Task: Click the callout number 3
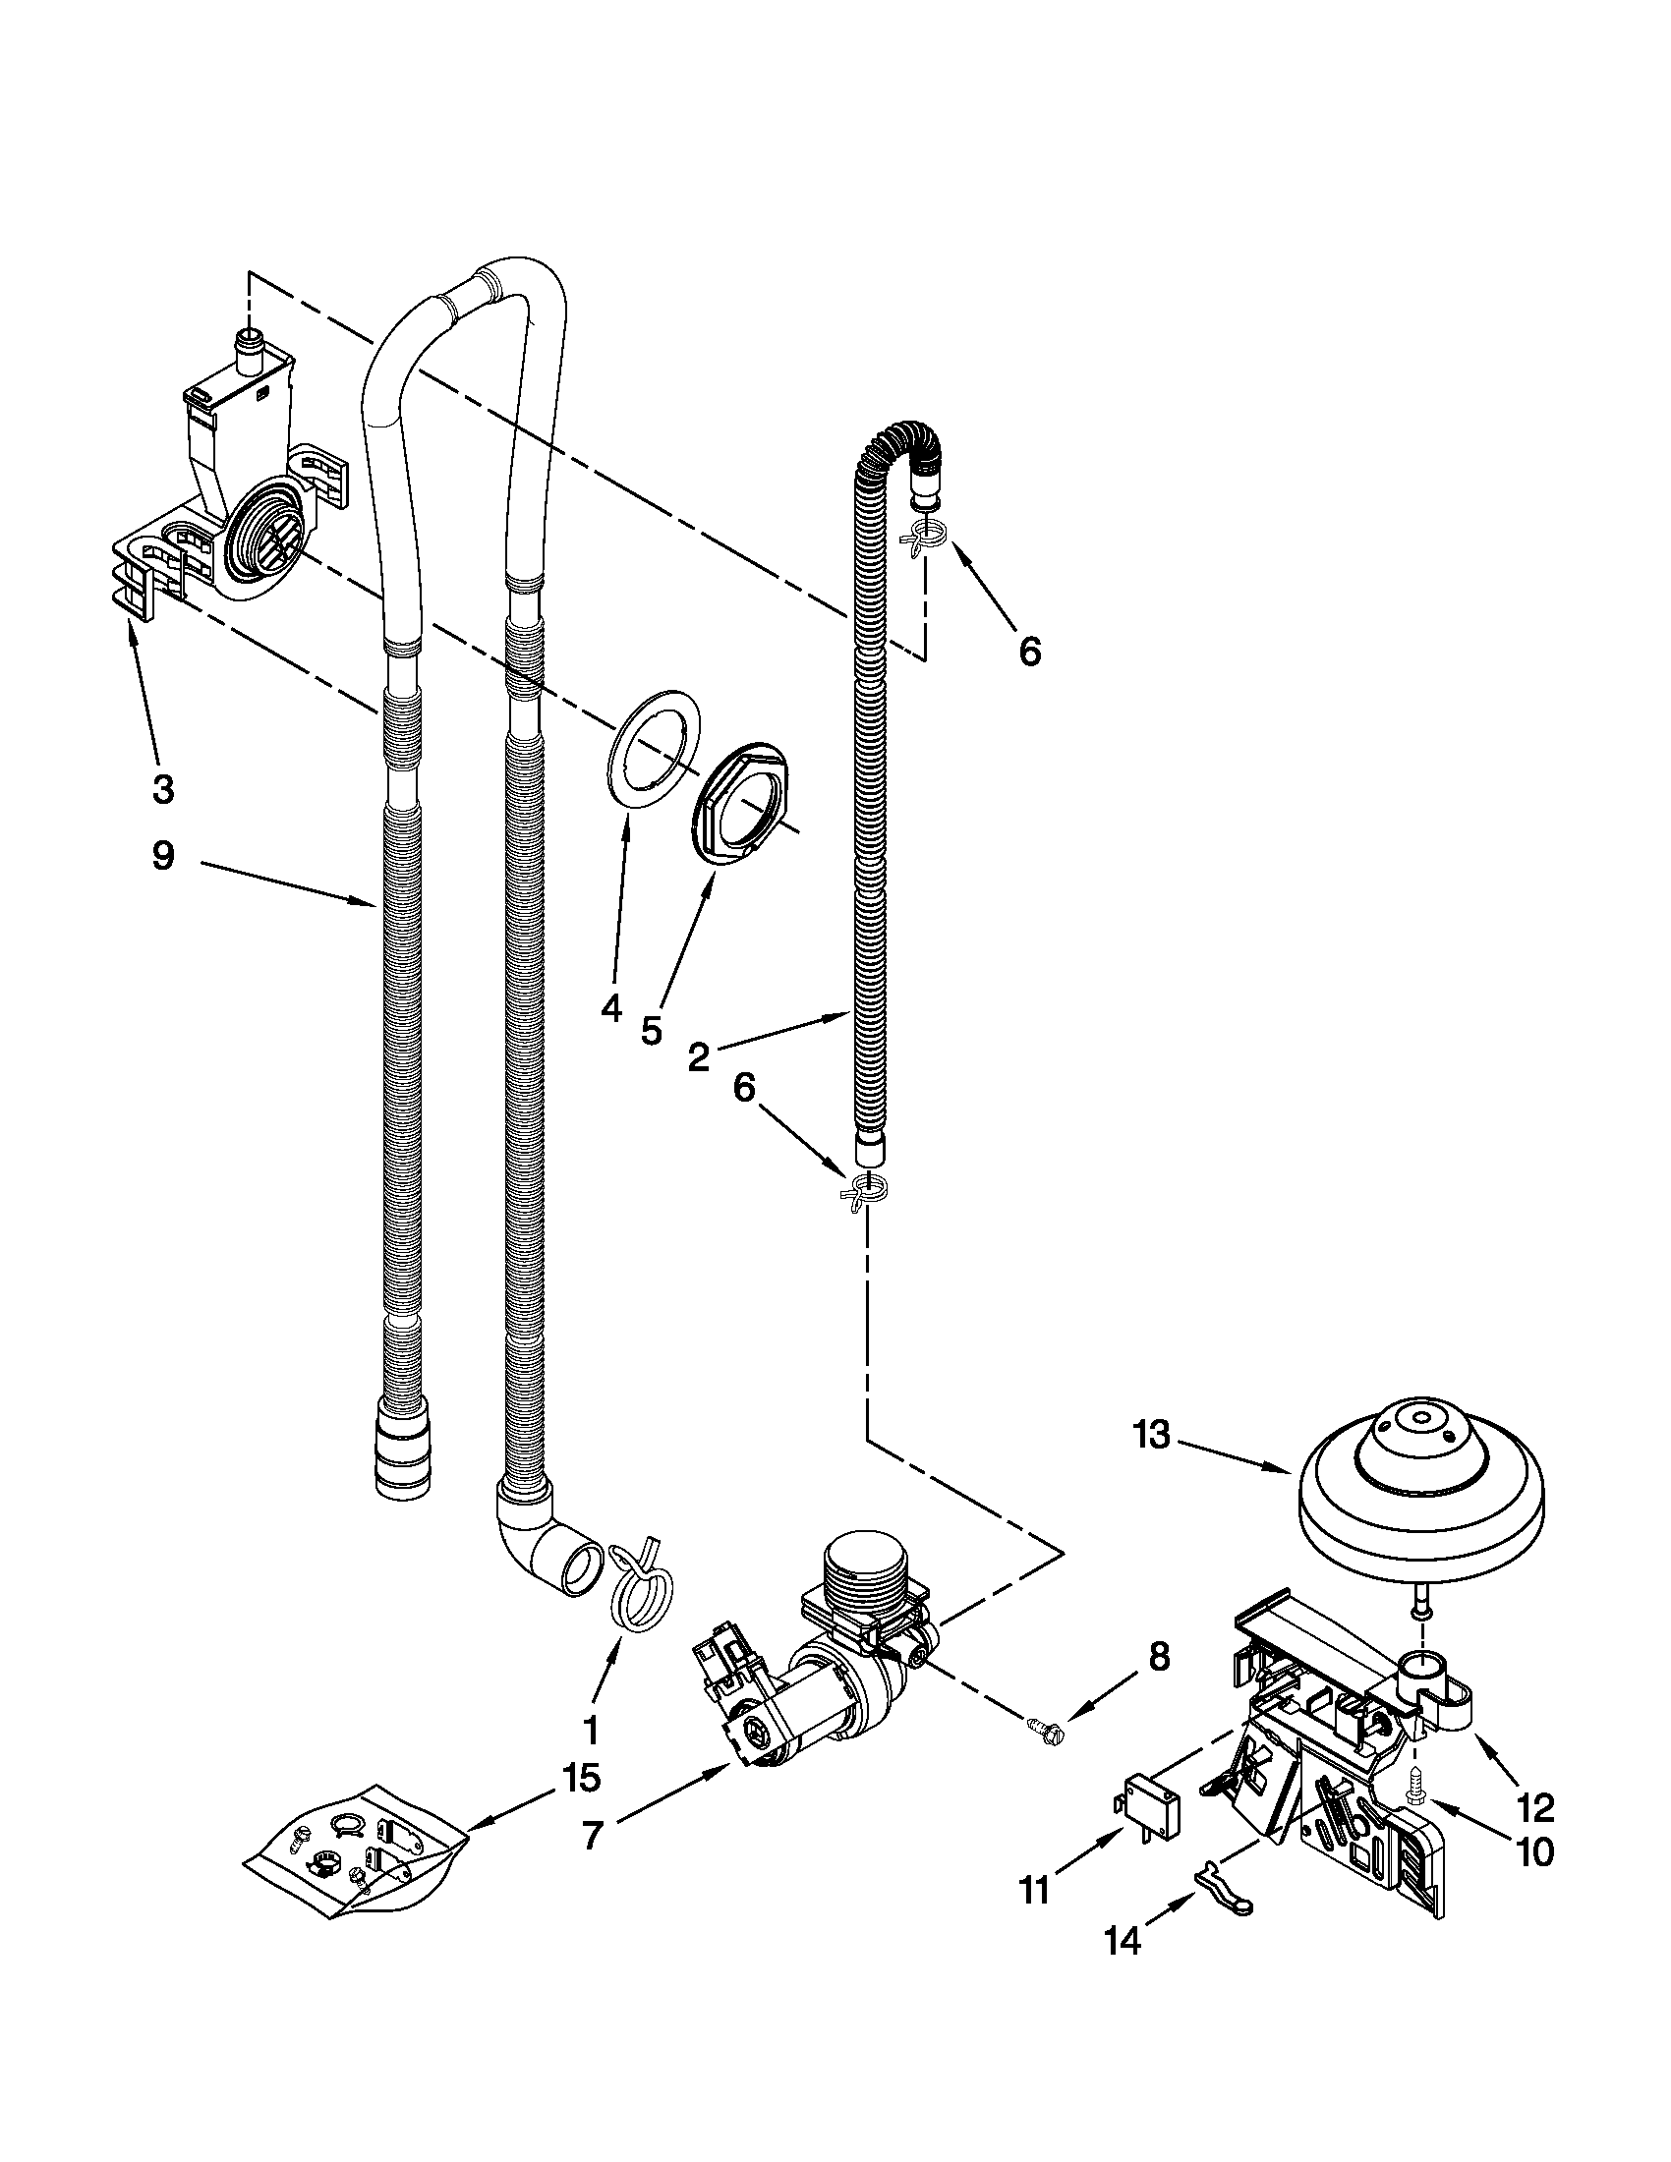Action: [x=163, y=789]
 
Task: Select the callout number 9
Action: [x=163, y=854]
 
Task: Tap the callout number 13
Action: [x=1152, y=1435]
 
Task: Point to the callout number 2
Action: [x=698, y=1058]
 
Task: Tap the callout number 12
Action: [x=1536, y=1807]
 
